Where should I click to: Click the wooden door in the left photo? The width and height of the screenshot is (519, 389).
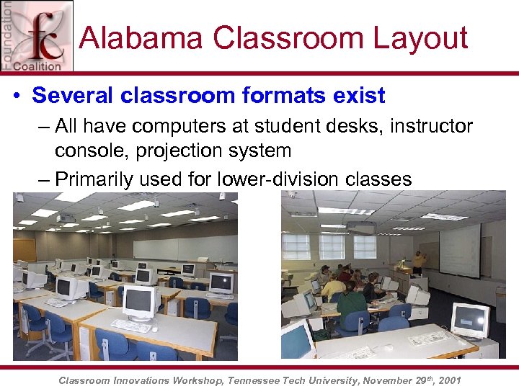click(24, 250)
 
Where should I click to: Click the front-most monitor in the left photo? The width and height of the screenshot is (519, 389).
click(141, 303)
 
